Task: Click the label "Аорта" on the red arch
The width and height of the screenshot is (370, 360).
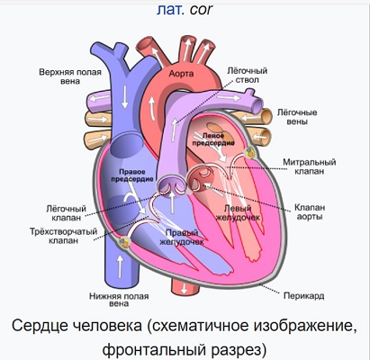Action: [x=181, y=74]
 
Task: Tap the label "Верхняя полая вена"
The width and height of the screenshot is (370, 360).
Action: [x=70, y=76]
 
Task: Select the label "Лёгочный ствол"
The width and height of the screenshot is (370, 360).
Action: [x=247, y=76]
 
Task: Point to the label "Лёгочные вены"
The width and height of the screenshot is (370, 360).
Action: [x=297, y=117]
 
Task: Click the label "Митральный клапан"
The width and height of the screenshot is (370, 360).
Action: [x=310, y=166]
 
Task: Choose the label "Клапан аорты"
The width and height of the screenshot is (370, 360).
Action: [x=310, y=211]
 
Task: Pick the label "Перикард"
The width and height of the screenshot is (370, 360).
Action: [x=304, y=296]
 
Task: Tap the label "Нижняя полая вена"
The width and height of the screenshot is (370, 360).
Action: [x=119, y=300]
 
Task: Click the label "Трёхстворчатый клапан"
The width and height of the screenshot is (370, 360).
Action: [x=63, y=236]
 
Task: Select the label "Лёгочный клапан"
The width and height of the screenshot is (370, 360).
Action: [x=67, y=212]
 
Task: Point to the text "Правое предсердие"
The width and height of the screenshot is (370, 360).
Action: [x=132, y=175]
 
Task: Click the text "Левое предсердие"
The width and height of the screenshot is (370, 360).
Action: [x=213, y=139]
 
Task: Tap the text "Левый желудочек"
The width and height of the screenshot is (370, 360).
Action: [x=238, y=212]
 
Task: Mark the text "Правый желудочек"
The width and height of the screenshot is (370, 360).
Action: [x=182, y=238]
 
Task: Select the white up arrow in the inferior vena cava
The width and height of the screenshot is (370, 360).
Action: [x=120, y=265]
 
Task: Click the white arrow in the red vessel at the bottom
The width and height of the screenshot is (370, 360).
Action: [x=184, y=289]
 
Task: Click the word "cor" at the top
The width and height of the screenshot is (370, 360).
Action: [x=201, y=9]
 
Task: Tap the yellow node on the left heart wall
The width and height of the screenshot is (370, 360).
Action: [x=124, y=242]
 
